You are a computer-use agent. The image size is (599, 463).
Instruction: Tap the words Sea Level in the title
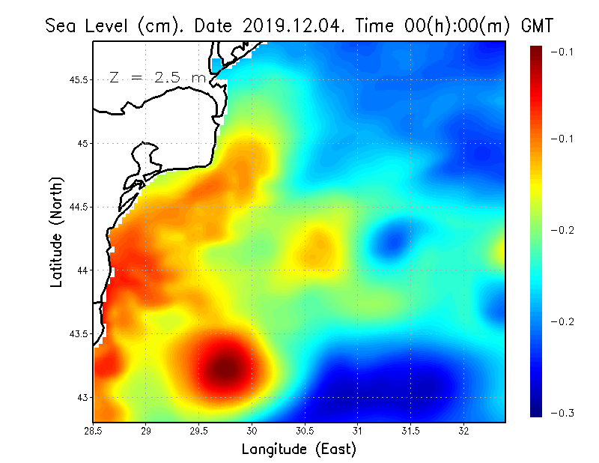point(88,25)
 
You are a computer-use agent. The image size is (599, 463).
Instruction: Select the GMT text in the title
point(536,25)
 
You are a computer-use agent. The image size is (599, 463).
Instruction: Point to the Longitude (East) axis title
point(299,449)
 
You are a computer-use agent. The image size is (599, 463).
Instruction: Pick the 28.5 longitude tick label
point(93,431)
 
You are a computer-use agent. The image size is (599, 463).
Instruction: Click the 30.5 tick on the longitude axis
point(305,431)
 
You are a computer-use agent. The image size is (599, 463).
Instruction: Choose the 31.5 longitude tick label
point(410,431)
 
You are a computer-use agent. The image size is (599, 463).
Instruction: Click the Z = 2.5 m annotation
point(158,77)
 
